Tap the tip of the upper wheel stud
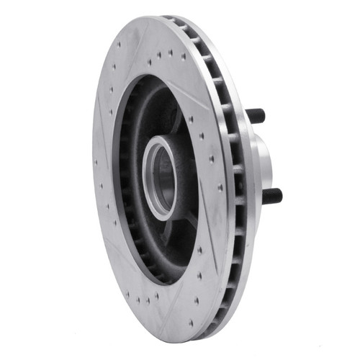tap(264, 115)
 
